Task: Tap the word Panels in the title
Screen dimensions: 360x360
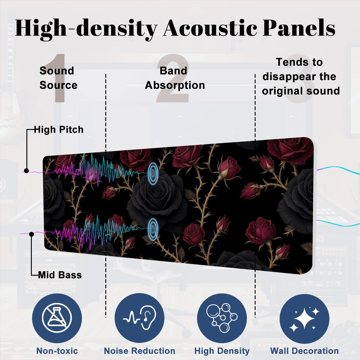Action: coord(299,28)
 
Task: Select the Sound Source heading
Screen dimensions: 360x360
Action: coord(58,78)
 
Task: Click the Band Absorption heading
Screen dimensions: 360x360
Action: coord(175,78)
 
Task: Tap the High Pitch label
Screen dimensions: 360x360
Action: coord(59,130)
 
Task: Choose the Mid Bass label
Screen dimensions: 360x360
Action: coord(60,275)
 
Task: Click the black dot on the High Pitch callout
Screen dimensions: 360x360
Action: coord(26,171)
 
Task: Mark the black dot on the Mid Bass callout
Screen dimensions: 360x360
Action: coord(31,234)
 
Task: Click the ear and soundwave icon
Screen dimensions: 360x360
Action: coord(139,318)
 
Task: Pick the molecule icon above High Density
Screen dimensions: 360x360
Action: coord(222,318)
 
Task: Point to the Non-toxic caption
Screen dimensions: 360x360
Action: coord(57,351)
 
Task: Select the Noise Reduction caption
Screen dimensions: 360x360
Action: coord(139,351)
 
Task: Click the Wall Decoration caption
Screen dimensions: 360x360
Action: coord(304,351)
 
